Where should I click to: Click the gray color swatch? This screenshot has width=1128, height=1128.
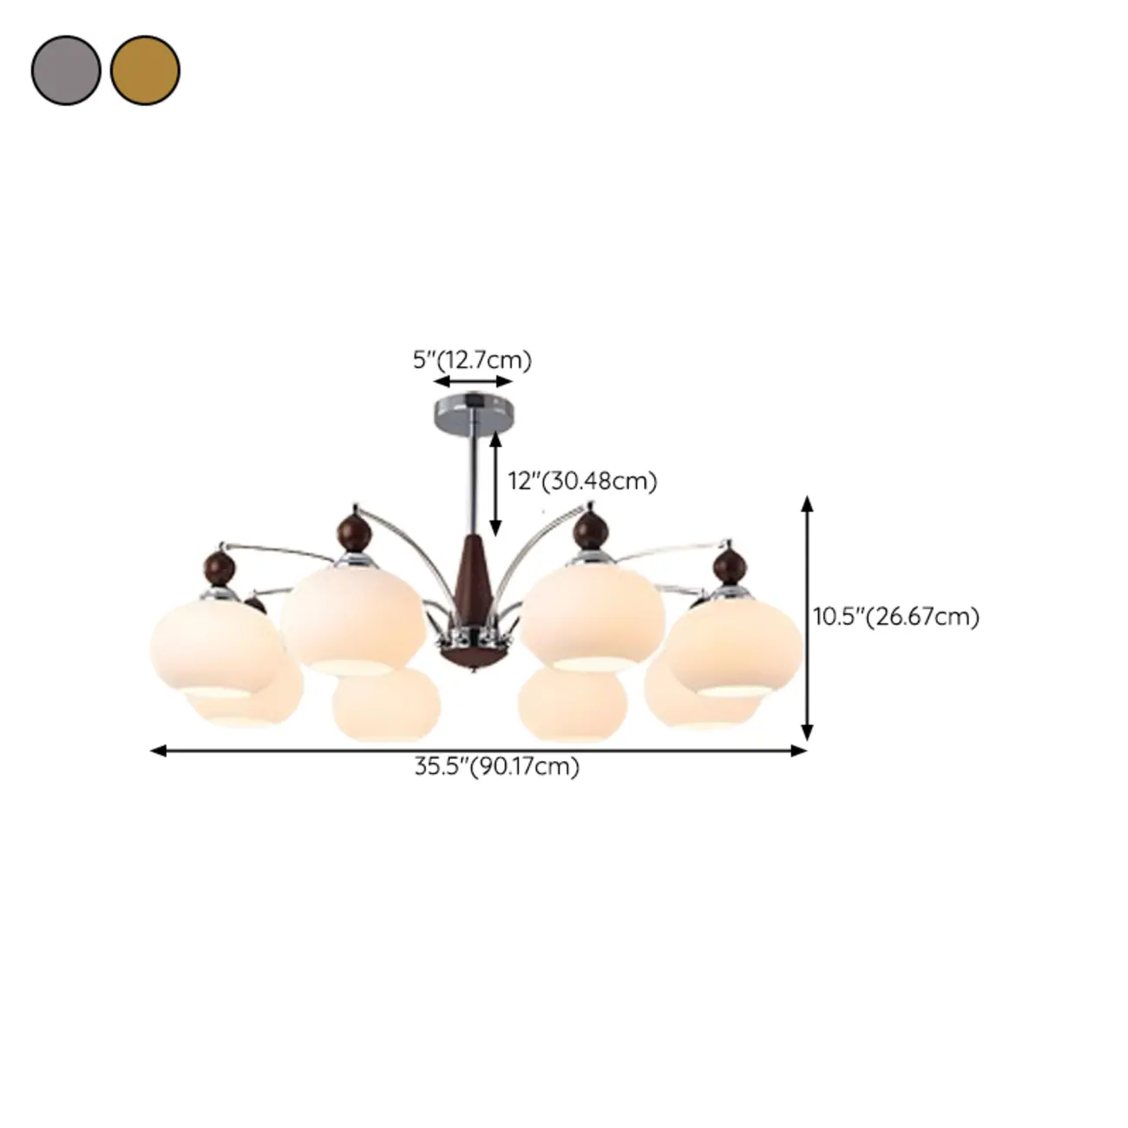(66, 70)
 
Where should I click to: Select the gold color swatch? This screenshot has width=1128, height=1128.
(145, 70)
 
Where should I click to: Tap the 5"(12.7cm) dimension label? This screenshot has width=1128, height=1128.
(472, 359)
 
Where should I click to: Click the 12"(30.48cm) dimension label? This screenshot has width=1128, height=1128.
(582, 480)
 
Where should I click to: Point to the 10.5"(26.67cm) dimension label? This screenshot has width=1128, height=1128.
(895, 617)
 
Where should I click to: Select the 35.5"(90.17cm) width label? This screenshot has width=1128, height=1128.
(496, 767)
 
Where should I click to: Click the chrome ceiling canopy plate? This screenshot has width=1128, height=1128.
(473, 408)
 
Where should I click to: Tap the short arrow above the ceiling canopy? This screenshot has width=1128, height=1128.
(473, 382)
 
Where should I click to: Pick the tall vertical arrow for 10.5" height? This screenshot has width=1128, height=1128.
(807, 618)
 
